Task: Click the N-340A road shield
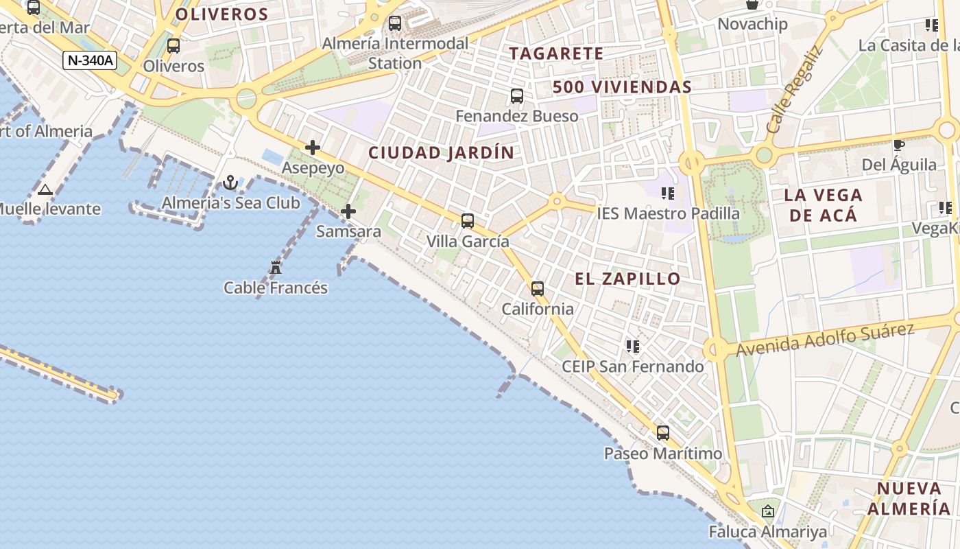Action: [x=90, y=60]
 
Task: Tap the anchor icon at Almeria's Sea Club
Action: [x=230, y=183]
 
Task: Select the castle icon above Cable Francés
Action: [x=276, y=268]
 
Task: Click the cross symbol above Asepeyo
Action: [x=313, y=148]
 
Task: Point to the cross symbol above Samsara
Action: [x=348, y=211]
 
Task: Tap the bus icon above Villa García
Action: [x=468, y=221]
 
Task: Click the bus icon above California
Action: [x=538, y=289]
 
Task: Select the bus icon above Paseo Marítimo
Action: [x=662, y=433]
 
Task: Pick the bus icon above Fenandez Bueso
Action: [x=517, y=96]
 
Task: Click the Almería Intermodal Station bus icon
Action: [x=395, y=23]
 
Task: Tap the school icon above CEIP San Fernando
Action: [x=632, y=346]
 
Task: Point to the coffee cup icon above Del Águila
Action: [x=898, y=145]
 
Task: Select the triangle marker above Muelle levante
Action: [x=45, y=189]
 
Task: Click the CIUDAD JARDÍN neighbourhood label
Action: [x=441, y=152]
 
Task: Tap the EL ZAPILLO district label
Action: [x=627, y=279]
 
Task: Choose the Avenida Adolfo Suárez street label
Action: [x=825, y=340]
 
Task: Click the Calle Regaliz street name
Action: [x=794, y=91]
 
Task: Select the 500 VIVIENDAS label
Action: [x=622, y=87]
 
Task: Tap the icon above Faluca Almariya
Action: [x=768, y=511]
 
